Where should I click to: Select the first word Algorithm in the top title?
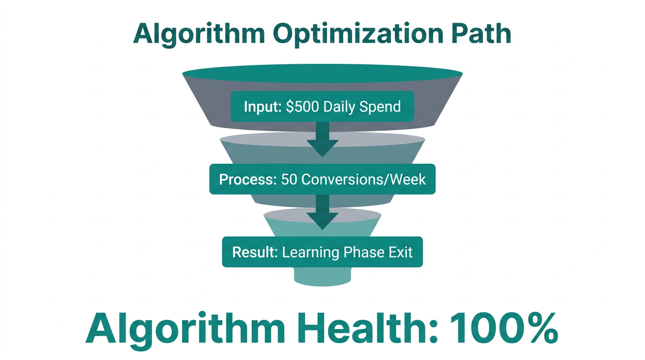[x=198, y=34]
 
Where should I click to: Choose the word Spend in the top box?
[x=380, y=106]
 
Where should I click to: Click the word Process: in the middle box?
[x=247, y=179]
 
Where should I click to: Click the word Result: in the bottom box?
[x=255, y=252]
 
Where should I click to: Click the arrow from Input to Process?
[x=322, y=139]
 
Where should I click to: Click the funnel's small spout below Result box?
[x=322, y=277]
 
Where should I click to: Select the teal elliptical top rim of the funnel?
[x=322, y=74]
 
